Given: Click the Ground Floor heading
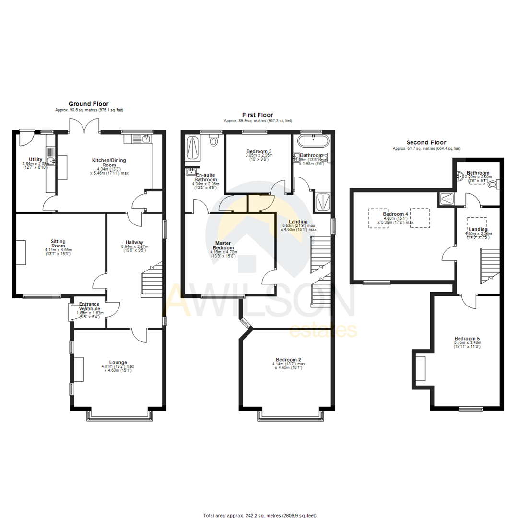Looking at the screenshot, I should pyautogui.click(x=88, y=103).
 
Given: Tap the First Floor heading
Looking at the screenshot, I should pyautogui.click(x=258, y=115).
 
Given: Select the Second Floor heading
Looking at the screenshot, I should pyautogui.click(x=426, y=142).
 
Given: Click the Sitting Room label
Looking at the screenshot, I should pyautogui.click(x=58, y=244).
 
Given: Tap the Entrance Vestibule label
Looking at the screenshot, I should pyautogui.click(x=89, y=306).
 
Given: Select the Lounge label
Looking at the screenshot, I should pyautogui.click(x=118, y=362).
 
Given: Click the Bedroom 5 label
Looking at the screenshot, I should pyautogui.click(x=467, y=338).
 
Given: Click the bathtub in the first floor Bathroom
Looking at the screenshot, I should pyautogui.click(x=313, y=141).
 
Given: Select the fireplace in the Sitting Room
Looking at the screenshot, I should pyautogui.click(x=22, y=252).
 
